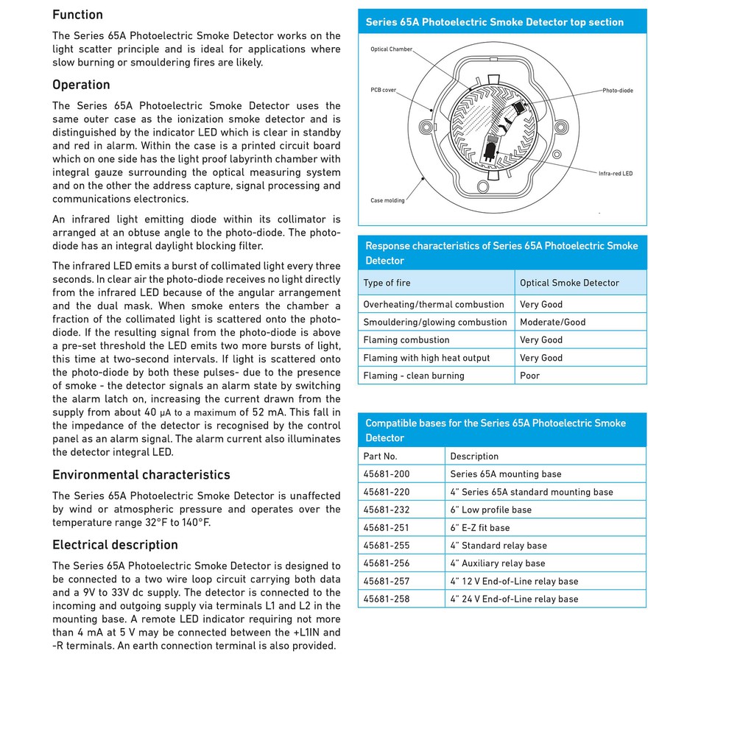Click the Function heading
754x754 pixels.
pyautogui.click(x=77, y=15)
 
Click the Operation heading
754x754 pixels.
pyautogui.click(x=81, y=85)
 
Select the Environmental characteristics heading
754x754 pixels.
pyautogui.click(x=141, y=475)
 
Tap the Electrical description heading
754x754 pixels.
pyautogui.click(x=115, y=545)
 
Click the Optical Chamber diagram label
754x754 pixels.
pyautogui.click(x=391, y=49)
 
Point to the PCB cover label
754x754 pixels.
pyautogui.click(x=383, y=90)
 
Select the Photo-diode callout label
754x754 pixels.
pyautogui.click(x=617, y=91)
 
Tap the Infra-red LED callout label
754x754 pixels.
pyautogui.click(x=615, y=174)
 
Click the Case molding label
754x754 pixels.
pyautogui.click(x=387, y=200)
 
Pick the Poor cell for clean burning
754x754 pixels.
pyautogui.click(x=529, y=376)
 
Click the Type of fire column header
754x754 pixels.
pyautogui.click(x=387, y=283)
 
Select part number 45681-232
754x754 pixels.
pyautogui.click(x=387, y=510)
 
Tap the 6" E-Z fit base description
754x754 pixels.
pyautogui.click(x=479, y=528)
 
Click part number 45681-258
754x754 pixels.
pyautogui.click(x=387, y=599)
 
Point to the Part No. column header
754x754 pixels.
pyautogui.click(x=380, y=457)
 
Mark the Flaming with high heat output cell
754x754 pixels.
pyautogui.click(x=426, y=358)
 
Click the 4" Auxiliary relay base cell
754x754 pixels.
pyautogui.click(x=497, y=563)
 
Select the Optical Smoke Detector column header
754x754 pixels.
pyautogui.click(x=569, y=283)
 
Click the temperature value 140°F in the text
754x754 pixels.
pyautogui.click(x=195, y=523)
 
